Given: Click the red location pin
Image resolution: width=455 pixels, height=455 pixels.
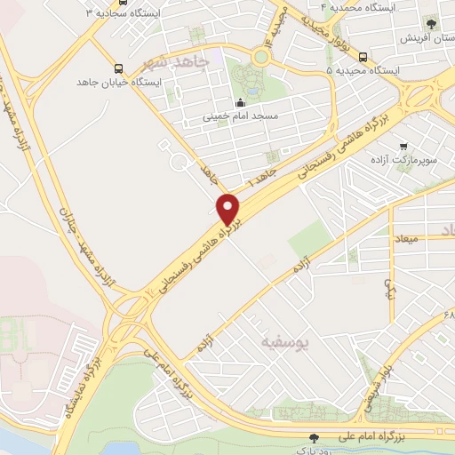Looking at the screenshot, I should pyautogui.click(x=229, y=209).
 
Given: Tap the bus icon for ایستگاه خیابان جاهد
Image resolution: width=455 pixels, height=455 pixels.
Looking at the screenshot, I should pyautogui.click(x=118, y=68).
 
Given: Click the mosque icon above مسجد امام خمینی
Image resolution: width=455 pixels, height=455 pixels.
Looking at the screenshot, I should pyautogui.click(x=239, y=102).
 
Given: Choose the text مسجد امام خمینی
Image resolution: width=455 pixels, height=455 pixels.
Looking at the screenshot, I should pyautogui.click(x=243, y=116).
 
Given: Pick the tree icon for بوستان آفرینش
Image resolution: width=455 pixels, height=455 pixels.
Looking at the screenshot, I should pyautogui.click(x=432, y=24).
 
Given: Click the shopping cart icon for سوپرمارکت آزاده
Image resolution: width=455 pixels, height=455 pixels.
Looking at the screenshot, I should pyautogui.click(x=403, y=146).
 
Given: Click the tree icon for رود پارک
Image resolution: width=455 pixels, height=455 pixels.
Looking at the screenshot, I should pyautogui.click(x=313, y=436).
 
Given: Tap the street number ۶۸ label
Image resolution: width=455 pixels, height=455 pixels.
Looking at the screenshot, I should pyautogui.click(x=448, y=315).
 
